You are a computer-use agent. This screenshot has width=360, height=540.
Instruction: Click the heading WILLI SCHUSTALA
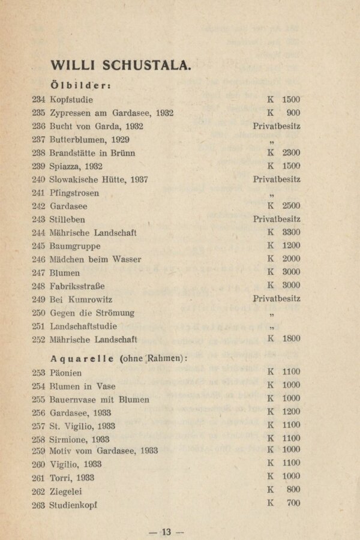coord(121,65)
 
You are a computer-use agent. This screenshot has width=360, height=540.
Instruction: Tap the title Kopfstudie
coord(71,100)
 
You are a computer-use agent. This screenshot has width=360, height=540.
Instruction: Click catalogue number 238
coord(38,153)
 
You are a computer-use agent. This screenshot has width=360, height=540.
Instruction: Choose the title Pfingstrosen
coord(74,193)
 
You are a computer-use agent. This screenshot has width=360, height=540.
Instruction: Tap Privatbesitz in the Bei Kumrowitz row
coord(277,299)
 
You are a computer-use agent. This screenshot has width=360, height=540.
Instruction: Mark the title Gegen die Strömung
coord(92,313)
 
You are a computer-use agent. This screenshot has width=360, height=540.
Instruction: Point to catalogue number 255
coord(38,400)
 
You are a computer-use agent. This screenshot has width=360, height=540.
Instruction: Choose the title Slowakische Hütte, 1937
coord(99,179)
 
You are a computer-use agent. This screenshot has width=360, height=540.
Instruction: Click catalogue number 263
coord(38,505)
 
